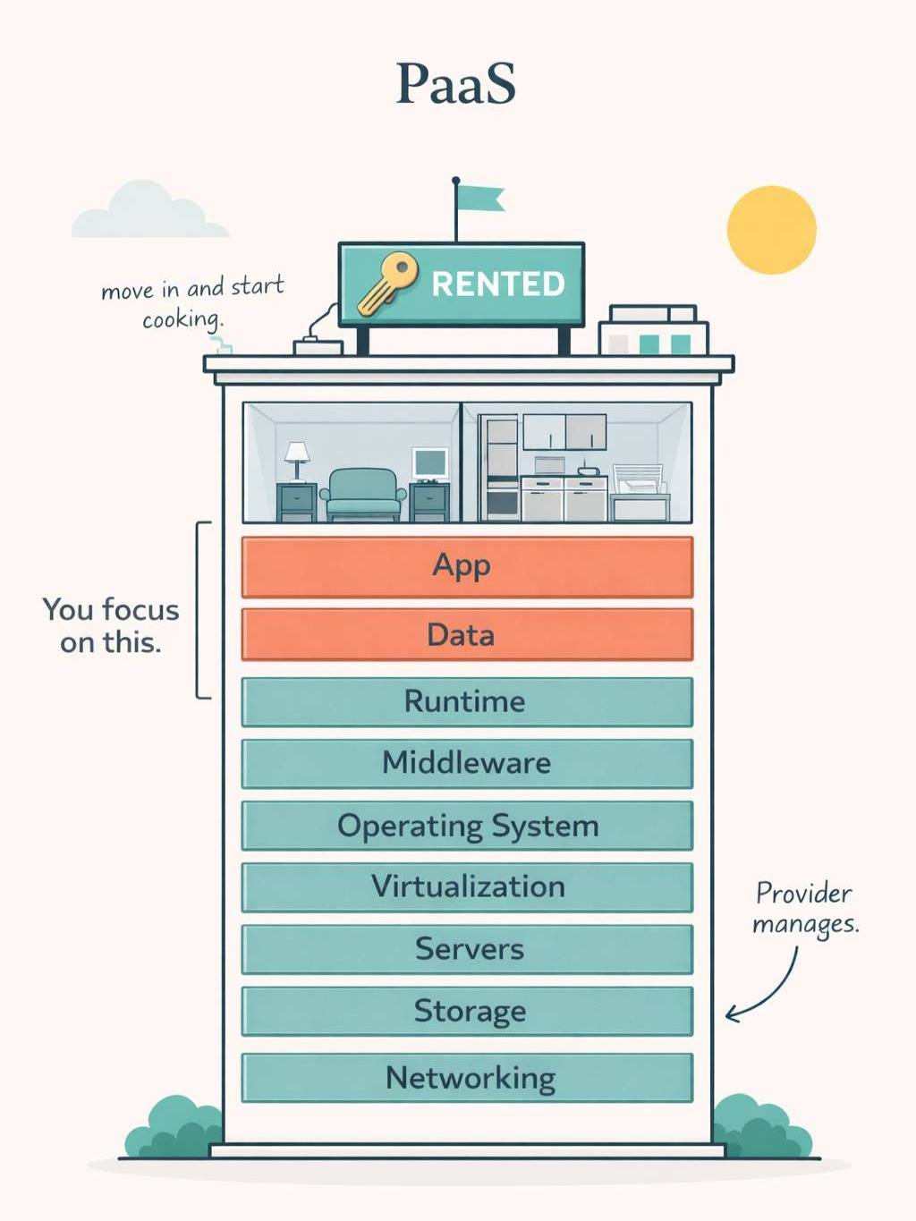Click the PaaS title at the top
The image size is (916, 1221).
click(456, 84)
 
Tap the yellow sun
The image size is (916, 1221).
click(771, 230)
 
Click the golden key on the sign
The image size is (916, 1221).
click(388, 282)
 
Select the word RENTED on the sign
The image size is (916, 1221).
click(498, 284)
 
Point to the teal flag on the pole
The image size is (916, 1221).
click(479, 198)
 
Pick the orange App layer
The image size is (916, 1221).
click(467, 566)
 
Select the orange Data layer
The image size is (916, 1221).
click(467, 635)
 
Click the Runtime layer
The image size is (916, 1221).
click(467, 701)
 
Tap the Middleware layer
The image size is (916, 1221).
click(467, 763)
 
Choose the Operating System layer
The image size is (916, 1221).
click(467, 825)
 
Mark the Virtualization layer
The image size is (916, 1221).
click(467, 886)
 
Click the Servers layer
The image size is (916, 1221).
click(467, 948)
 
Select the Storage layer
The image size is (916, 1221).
click(467, 1011)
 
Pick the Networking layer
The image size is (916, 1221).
click(467, 1078)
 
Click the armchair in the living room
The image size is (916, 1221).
click(362, 495)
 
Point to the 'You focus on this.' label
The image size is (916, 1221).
click(111, 625)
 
